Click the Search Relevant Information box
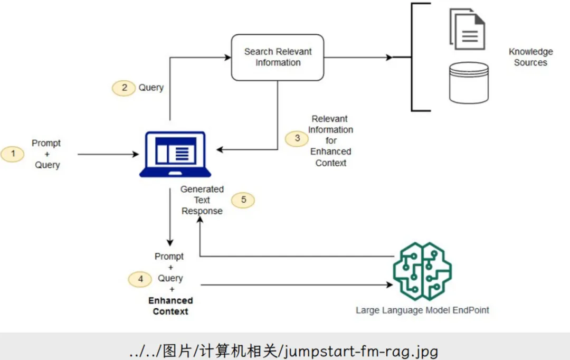pos(278,58)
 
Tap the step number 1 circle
pos(14,154)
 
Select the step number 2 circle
pos(125,88)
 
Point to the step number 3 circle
pos(298,138)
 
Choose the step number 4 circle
pos(141,279)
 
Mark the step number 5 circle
pos(243,200)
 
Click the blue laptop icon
pos(175,154)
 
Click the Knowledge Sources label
pos(530,57)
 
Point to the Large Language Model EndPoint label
pos(422,310)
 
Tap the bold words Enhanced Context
pos(170,306)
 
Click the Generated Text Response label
pos(202,200)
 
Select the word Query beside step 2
pos(151,88)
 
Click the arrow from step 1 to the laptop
pos(108,154)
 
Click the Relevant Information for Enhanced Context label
pos(330,141)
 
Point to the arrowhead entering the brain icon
pos(389,285)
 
